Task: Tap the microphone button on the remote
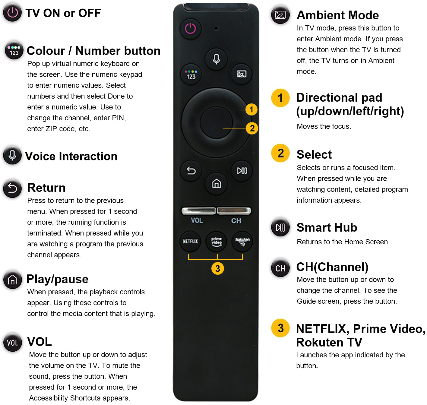216,59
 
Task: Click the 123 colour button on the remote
191,74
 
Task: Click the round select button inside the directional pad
216,122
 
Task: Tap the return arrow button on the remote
191,171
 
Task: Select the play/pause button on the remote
242,171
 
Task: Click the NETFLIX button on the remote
190,241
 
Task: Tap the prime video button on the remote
216,242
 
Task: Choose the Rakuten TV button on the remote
242,241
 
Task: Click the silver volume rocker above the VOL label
198,210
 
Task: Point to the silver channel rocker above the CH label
234,210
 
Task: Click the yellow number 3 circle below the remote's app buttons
217,269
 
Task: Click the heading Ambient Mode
337,15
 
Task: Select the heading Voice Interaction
71,156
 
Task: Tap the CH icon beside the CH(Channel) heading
280,268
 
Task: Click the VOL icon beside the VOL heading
13,343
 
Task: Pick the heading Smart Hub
327,227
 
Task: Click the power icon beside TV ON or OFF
12,13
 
